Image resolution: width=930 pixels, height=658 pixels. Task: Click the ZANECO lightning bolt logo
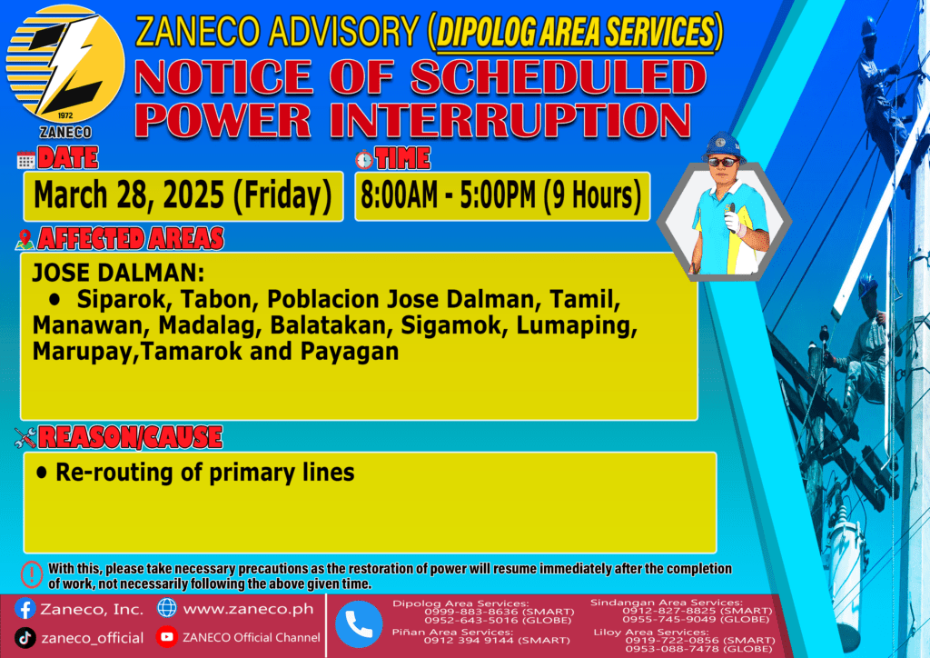pyautogui.click(x=65, y=65)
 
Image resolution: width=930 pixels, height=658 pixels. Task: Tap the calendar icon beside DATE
pyautogui.click(x=26, y=160)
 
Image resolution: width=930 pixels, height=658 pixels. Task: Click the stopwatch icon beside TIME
pyautogui.click(x=364, y=160)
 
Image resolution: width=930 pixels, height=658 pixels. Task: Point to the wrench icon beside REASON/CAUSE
pyautogui.click(x=25, y=438)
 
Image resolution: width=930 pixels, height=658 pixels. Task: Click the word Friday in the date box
pyautogui.click(x=282, y=195)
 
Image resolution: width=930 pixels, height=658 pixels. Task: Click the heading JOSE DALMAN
pyautogui.click(x=118, y=273)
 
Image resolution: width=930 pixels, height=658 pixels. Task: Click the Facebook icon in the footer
pyautogui.click(x=25, y=609)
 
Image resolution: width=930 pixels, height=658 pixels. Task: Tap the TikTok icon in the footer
pyautogui.click(x=25, y=638)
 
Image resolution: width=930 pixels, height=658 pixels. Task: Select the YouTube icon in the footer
pyautogui.click(x=167, y=636)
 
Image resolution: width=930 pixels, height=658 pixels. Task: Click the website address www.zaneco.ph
pyautogui.click(x=249, y=609)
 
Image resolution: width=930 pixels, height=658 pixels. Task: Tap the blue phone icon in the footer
pyautogui.click(x=359, y=624)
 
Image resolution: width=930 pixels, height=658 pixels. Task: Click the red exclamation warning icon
pyautogui.click(x=32, y=574)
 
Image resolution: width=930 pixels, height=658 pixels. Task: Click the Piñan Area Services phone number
pyautogui.click(x=497, y=640)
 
